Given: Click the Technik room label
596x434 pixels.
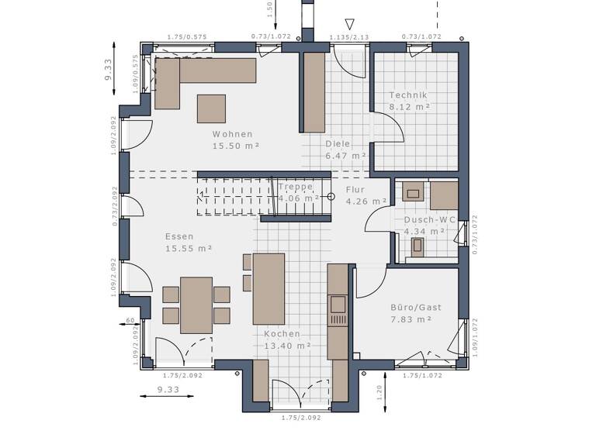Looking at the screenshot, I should click(408, 95).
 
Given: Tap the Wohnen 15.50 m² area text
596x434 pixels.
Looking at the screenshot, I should click(235, 145).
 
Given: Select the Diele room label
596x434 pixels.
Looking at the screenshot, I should click(338, 143).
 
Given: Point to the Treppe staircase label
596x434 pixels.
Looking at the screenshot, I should click(296, 187).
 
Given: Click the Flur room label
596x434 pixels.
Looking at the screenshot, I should click(355, 189).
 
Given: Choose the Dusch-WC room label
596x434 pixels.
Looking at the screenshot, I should click(424, 219).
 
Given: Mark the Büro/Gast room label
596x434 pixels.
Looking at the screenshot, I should click(415, 307).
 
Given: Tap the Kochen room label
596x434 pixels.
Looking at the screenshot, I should click(282, 333).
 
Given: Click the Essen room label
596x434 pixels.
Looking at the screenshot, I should click(179, 236).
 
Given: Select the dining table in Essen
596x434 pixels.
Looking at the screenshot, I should click(196, 305).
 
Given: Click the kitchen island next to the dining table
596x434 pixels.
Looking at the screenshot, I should click(269, 288).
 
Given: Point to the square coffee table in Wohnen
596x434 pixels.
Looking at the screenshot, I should click(211, 108).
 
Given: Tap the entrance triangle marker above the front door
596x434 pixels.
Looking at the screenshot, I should click(349, 25).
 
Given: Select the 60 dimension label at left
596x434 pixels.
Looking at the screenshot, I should click(131, 319).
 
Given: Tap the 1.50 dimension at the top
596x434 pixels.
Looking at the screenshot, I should click(269, 9).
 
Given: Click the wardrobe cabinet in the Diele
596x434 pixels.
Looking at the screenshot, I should click(314, 92).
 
